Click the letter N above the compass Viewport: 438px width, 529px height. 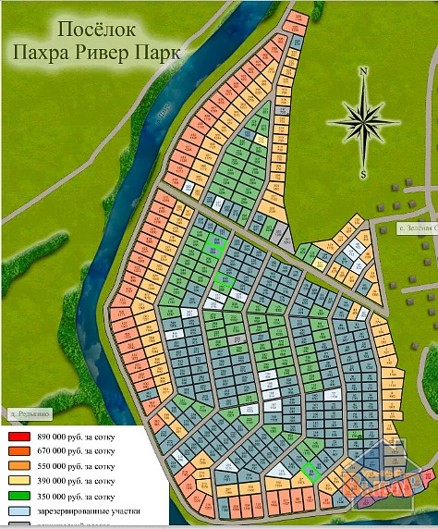pyautogui.click(x=363, y=71)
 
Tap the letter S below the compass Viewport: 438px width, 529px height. pyautogui.click(x=363, y=173)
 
